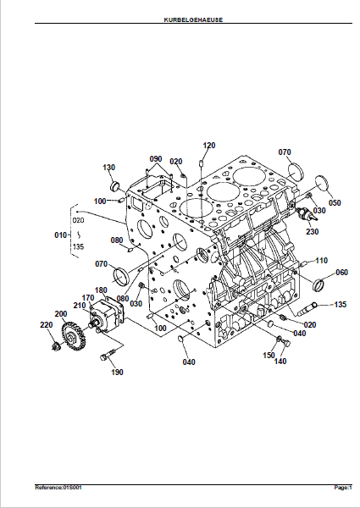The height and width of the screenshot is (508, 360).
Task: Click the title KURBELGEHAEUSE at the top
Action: coord(193,19)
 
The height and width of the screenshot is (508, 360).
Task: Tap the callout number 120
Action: coord(209,146)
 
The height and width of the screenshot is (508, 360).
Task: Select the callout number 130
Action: coord(109,167)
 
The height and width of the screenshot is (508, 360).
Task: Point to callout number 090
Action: coord(156,159)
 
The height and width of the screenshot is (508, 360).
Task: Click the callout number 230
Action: coord(312,232)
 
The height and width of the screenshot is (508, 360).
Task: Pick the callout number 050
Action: coord(335,203)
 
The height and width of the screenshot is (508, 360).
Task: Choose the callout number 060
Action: coord(342,273)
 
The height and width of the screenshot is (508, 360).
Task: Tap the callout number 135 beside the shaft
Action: coord(341,305)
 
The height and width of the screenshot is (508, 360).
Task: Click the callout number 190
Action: coord(117,373)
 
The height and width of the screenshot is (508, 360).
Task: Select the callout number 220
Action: coord(47,324)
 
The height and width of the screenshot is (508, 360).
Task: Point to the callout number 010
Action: coord(61,235)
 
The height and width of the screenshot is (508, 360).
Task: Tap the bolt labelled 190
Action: coord(108,354)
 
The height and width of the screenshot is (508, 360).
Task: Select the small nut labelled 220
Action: coord(56,346)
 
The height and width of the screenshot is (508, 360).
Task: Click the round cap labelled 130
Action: coord(115,187)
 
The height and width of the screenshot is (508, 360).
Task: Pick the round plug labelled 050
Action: coord(322,184)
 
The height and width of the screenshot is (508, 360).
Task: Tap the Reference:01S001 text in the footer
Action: coord(58,488)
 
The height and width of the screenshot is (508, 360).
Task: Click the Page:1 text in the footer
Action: coord(343,488)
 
